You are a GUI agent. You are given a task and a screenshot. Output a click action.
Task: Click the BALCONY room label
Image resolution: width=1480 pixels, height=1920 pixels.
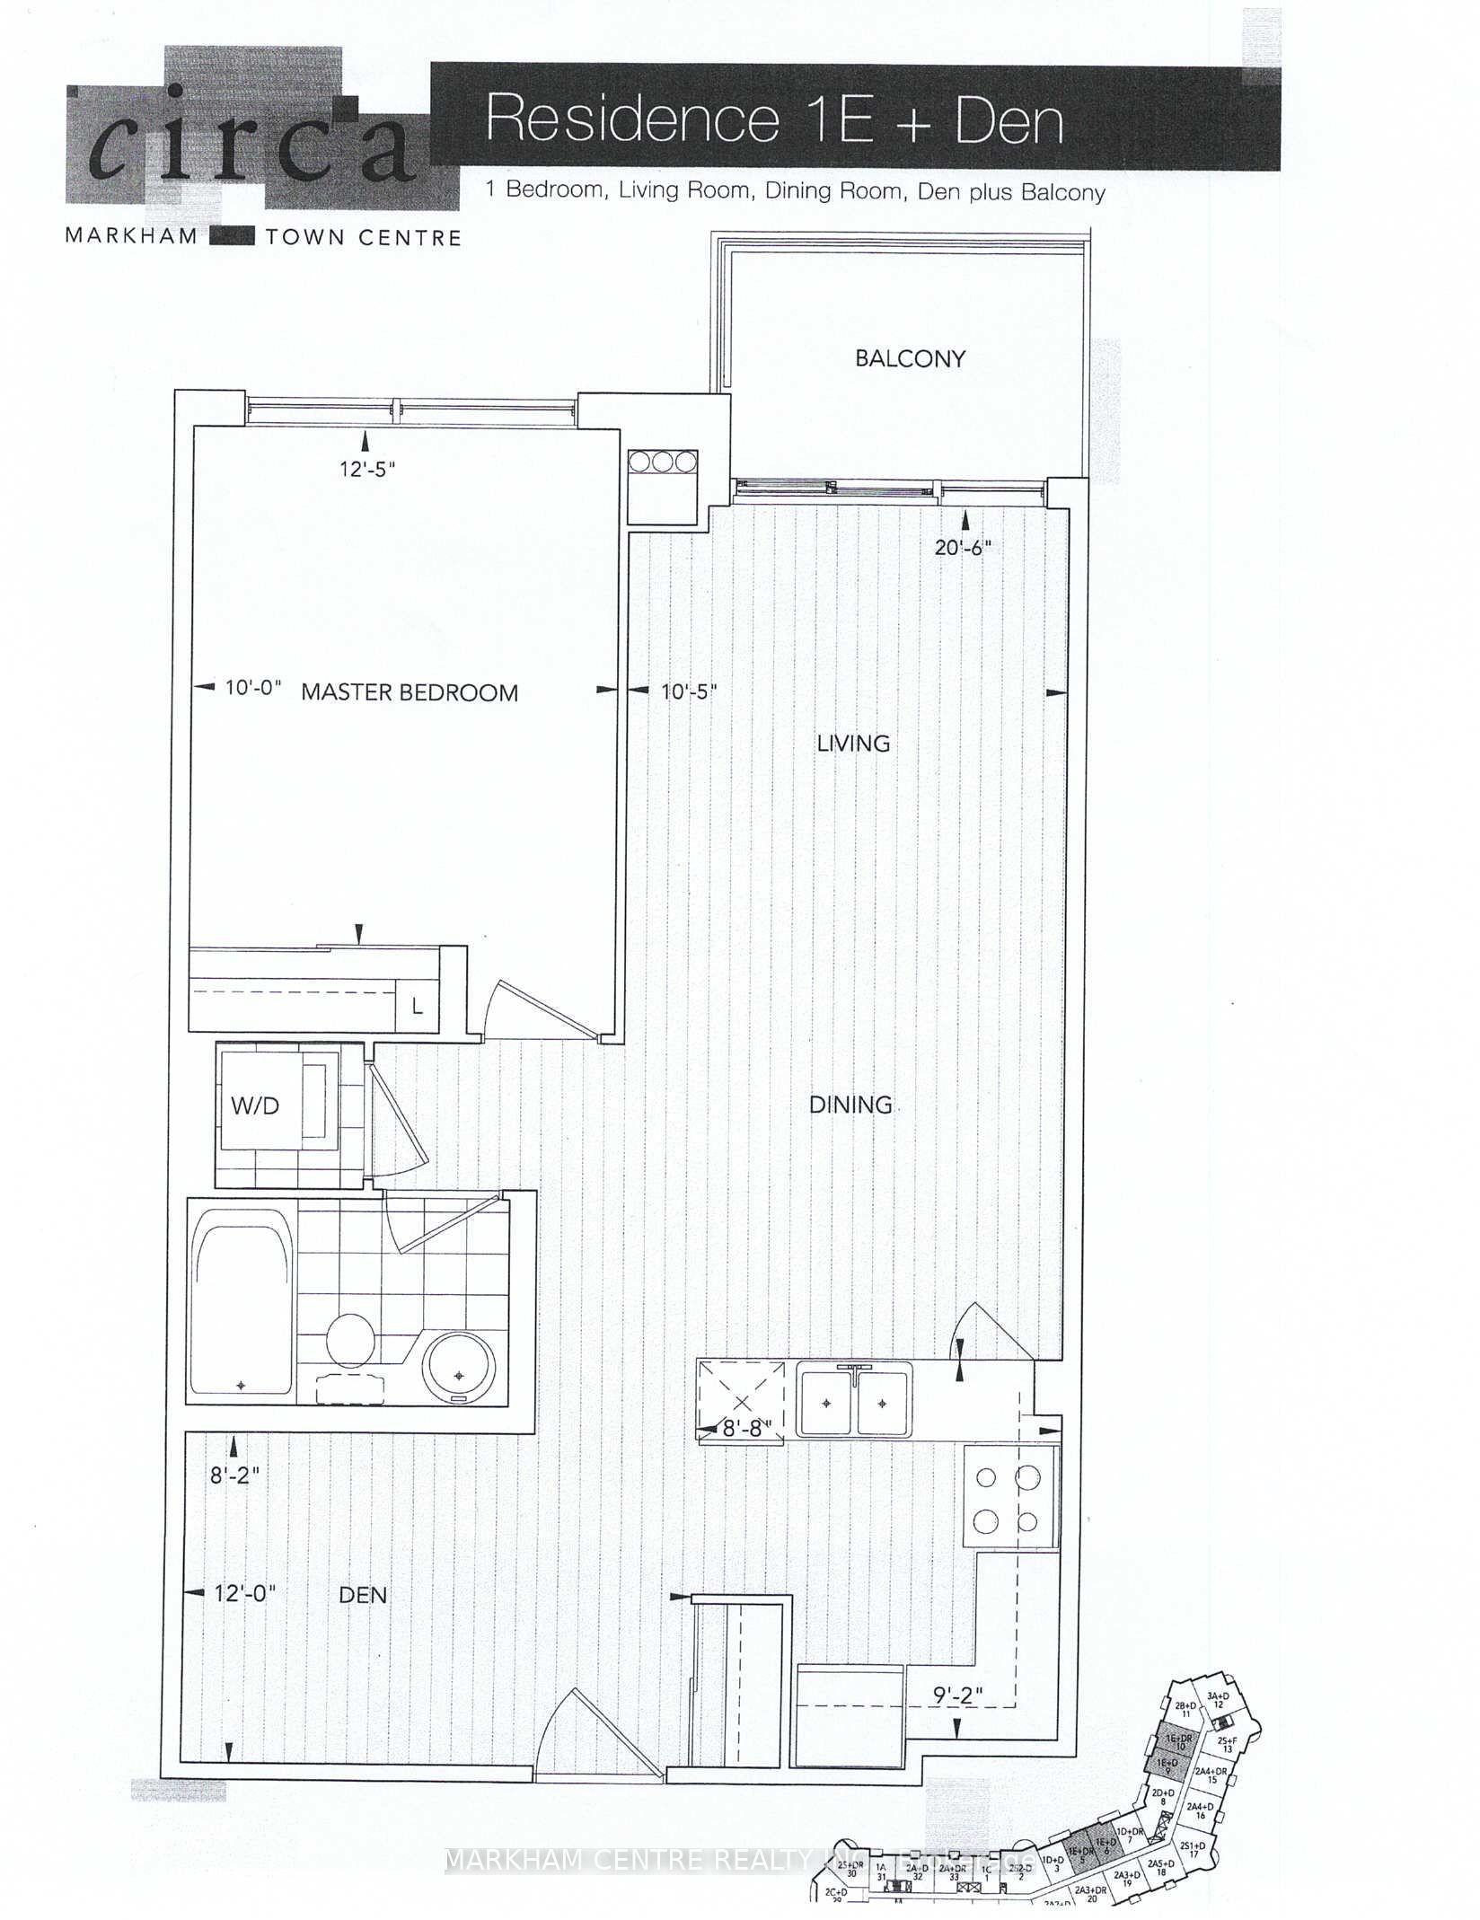910,358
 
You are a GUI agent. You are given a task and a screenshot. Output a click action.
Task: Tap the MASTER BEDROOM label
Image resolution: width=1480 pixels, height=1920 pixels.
410,692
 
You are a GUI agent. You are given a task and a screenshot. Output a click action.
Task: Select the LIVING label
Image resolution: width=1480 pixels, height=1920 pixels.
853,744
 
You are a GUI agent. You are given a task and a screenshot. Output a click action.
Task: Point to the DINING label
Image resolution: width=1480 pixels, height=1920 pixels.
850,1105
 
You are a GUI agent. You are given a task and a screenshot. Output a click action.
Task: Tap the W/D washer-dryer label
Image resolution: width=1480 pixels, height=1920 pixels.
255,1106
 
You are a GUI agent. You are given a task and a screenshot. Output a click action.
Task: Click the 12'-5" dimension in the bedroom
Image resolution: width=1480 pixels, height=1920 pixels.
367,469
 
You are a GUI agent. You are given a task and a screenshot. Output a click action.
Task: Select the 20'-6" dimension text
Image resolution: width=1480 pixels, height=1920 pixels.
963,547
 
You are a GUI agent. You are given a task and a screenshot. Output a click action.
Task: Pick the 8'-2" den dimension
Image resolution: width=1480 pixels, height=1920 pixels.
234,1475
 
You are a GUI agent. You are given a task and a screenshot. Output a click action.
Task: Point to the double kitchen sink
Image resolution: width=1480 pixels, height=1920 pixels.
855,1401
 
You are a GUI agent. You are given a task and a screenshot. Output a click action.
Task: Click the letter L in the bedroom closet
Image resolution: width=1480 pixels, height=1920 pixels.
417,1008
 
